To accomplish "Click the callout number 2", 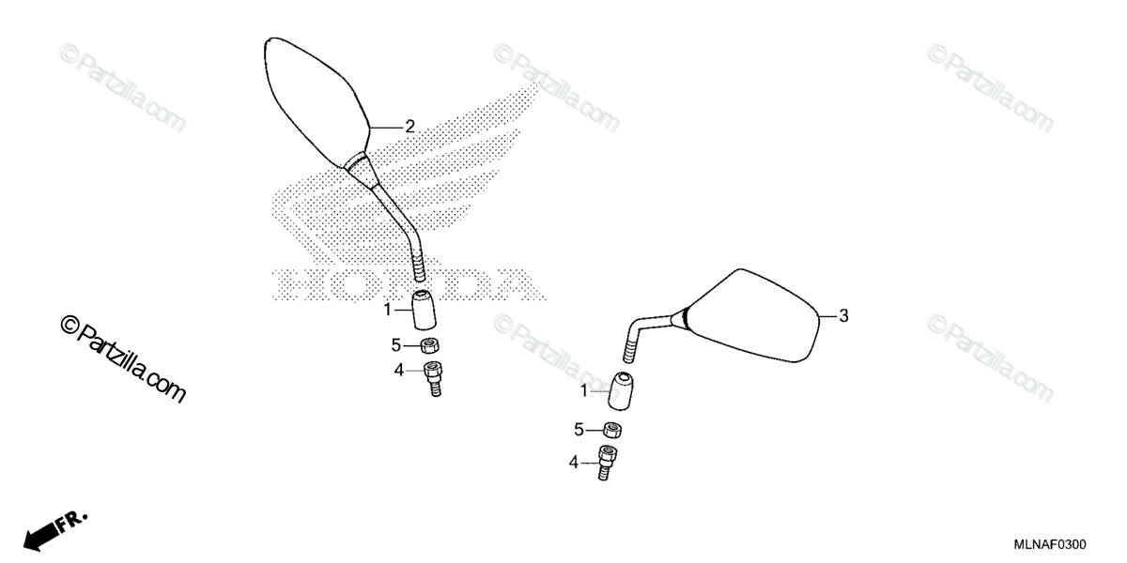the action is tap(409, 126).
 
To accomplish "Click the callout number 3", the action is tap(843, 316).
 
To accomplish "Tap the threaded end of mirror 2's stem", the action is tap(419, 270).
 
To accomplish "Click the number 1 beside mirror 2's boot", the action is tap(386, 308).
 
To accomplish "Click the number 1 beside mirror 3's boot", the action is tap(583, 389).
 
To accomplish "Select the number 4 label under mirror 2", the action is tap(398, 371).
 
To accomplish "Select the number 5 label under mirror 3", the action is tap(579, 430).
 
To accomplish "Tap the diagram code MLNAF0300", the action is tap(1049, 545).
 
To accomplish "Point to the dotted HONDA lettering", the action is tap(404, 284).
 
